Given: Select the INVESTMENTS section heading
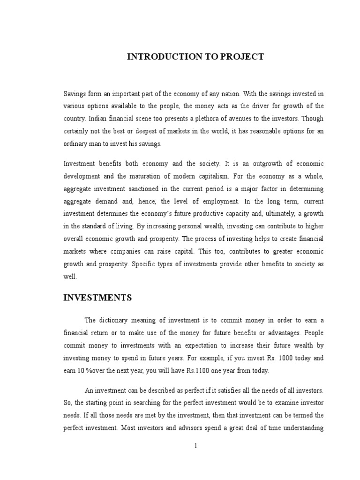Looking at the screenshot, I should pos(97,298).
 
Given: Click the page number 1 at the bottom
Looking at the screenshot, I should pos(196,446).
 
